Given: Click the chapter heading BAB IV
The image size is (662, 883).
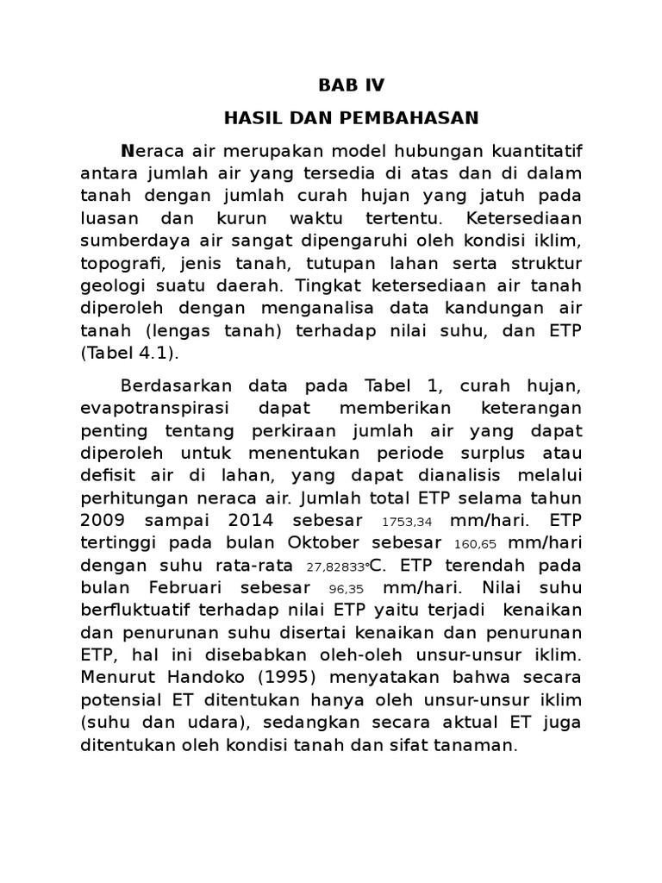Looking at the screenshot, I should pos(352,85).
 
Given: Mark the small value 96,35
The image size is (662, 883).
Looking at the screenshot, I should pos(347,589).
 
